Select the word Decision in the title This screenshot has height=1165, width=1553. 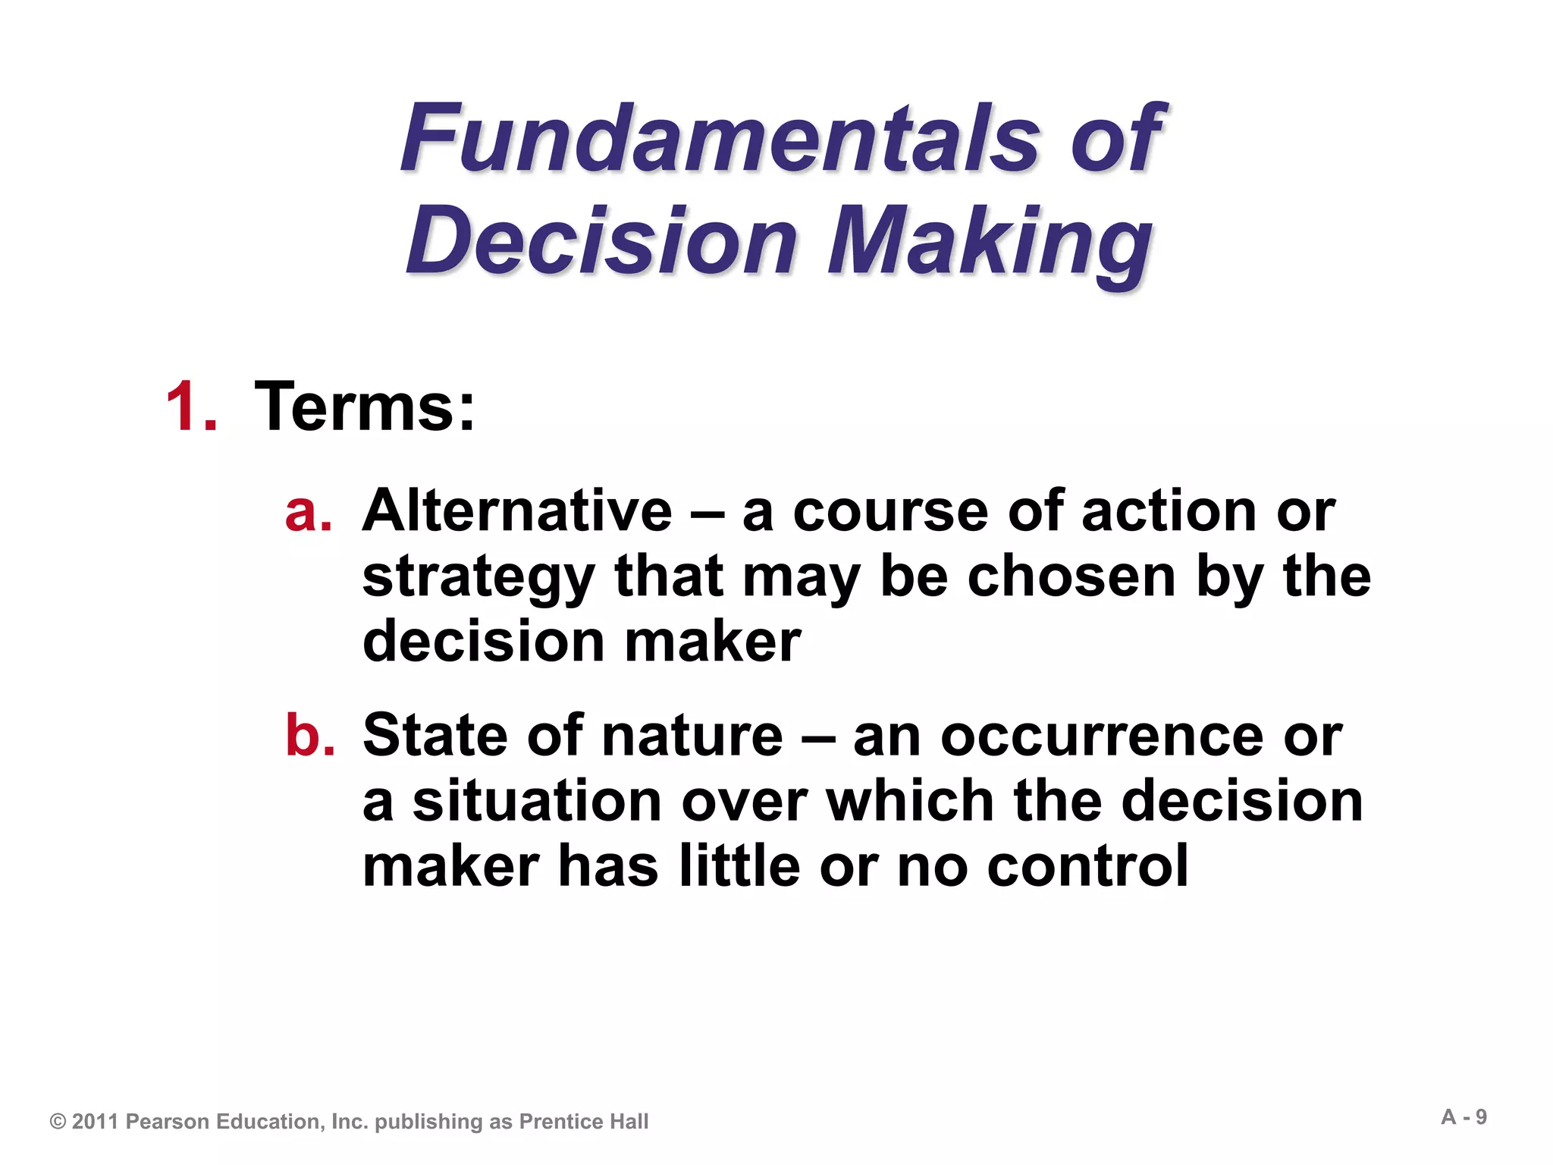point(603,241)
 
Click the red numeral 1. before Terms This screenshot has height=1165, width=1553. point(191,408)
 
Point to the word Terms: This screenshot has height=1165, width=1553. point(365,408)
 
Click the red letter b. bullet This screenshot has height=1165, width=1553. point(310,735)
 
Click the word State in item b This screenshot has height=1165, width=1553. point(435,735)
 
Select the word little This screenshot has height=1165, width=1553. point(739,867)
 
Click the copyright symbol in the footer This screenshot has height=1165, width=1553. point(58,1122)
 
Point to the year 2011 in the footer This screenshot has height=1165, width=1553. point(96,1122)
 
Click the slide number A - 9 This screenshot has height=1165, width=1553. point(1464,1117)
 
